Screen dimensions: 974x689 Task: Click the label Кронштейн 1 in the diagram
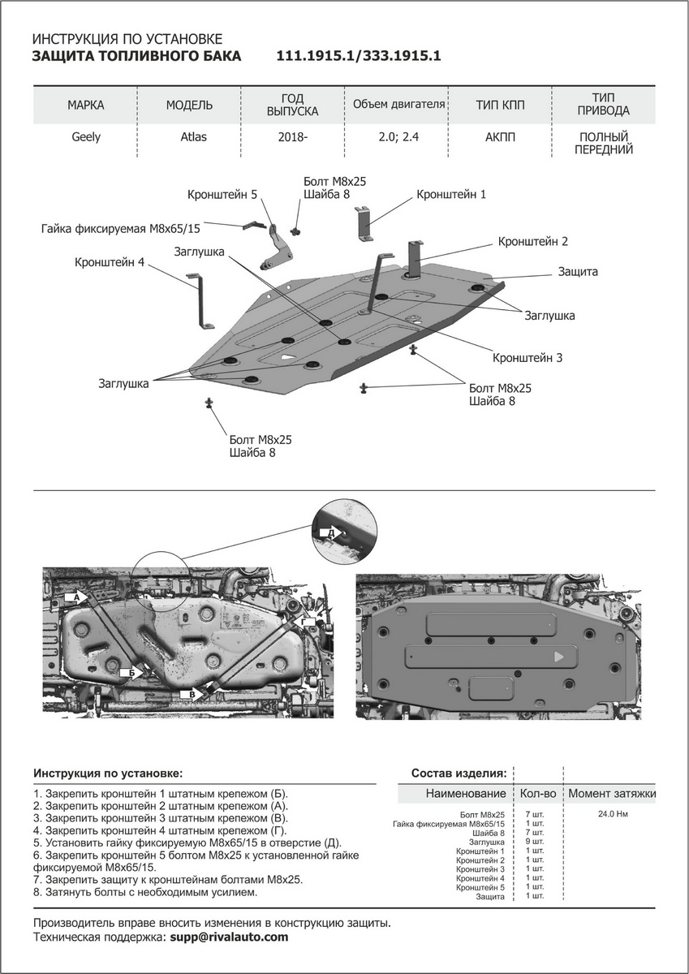pos(451,195)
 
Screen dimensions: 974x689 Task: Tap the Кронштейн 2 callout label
pos(532,242)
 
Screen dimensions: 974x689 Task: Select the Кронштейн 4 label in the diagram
pos(109,263)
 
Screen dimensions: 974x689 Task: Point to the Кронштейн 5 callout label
pos(222,195)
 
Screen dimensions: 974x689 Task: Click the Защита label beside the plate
pos(578,272)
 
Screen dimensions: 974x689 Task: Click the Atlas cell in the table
pos(193,137)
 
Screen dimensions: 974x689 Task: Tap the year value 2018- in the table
pos(292,138)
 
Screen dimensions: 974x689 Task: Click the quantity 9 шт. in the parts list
pos(535,843)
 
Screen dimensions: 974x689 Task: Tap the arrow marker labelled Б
pos(131,673)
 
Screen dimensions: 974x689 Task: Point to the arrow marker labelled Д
pos(329,532)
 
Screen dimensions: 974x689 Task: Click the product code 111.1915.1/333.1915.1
pos(359,56)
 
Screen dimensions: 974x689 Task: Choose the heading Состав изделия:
pos(459,773)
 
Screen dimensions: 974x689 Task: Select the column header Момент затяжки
pos(611,793)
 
